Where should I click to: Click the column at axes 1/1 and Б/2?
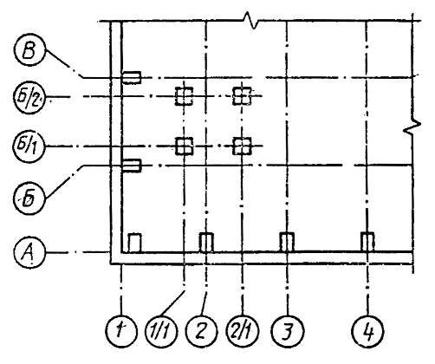(184, 96)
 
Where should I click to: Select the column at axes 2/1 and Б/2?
(242, 96)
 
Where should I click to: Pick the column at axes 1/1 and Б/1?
(185, 146)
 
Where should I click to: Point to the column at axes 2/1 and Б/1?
(242, 146)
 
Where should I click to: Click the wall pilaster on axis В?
(132, 78)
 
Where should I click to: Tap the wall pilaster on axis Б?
(132, 166)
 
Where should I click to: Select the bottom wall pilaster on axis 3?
(287, 242)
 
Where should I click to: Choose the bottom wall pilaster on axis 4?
(367, 242)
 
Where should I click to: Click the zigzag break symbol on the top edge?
(250, 20)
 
